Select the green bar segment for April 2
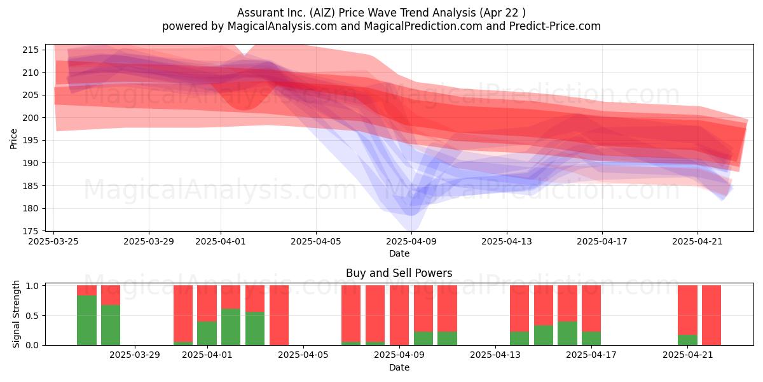pos(231,327)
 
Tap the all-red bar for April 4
pos(279,315)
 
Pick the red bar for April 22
pos(711,315)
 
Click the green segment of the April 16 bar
pos(567,333)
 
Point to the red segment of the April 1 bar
pos(207,303)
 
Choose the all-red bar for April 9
pos(399,315)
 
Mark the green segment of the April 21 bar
pos(687,340)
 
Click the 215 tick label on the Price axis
pos(31,50)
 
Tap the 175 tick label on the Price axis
pos(31,231)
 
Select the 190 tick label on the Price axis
pos(31,163)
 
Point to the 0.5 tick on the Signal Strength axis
pos(32,316)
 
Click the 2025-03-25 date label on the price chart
pos(53,241)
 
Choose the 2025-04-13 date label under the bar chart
pos(495,355)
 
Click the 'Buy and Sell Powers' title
pos(399,273)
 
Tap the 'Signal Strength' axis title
pos(16,315)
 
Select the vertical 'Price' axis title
pos(13,139)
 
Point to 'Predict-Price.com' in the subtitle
pos(555,26)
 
